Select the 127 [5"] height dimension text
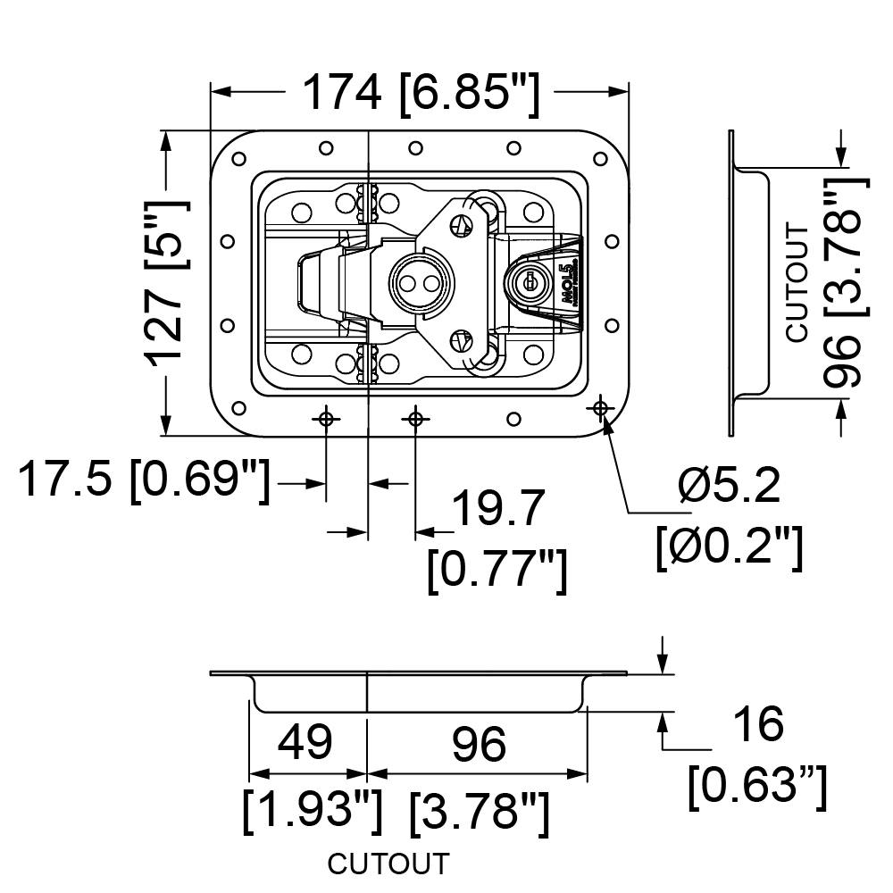170,283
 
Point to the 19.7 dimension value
498,509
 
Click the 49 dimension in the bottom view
305,742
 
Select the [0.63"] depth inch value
757,786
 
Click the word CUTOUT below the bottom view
388,864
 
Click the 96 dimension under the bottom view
479,743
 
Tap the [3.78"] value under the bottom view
479,811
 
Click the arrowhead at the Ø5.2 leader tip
607,423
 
